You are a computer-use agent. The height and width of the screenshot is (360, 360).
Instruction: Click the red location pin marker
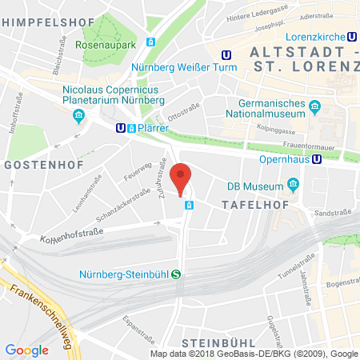182,178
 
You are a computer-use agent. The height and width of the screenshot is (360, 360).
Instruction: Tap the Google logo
27,350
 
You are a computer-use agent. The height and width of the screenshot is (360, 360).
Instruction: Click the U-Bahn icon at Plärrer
120,127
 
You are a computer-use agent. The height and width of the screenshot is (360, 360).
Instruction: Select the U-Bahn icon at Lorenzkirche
352,36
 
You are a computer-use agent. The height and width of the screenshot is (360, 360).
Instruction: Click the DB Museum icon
293,186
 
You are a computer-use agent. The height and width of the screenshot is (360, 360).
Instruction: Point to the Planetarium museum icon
78,117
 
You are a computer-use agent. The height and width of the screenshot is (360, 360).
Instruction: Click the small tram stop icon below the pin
190,205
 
